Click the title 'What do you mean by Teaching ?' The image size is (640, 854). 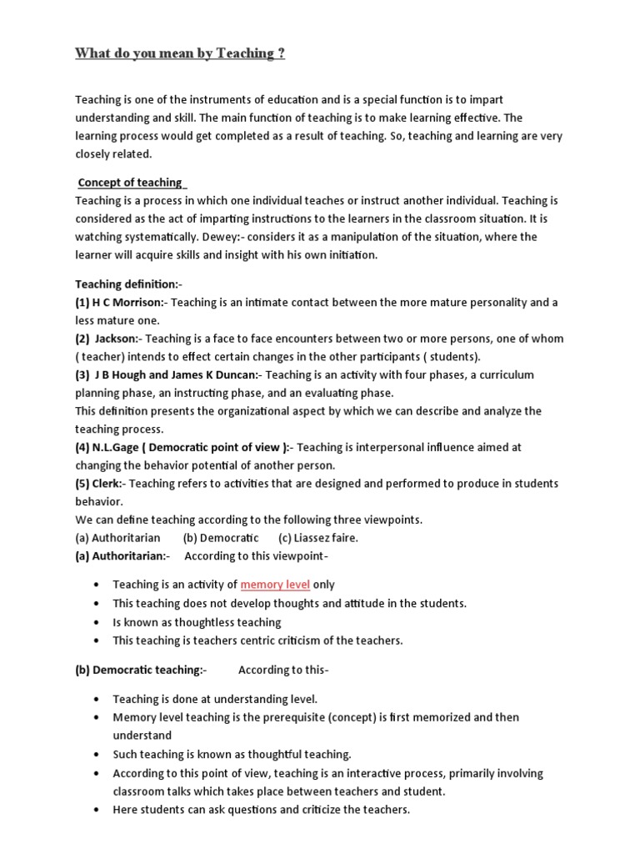pos(180,54)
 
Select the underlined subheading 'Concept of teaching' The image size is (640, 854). pos(130,183)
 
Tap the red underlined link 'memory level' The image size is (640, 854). pos(275,585)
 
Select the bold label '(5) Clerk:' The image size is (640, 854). pos(100,484)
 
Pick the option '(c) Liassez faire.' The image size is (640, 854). pos(318,538)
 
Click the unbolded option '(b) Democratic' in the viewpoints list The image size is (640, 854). pos(221,538)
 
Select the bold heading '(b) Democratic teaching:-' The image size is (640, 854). pos(142,670)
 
